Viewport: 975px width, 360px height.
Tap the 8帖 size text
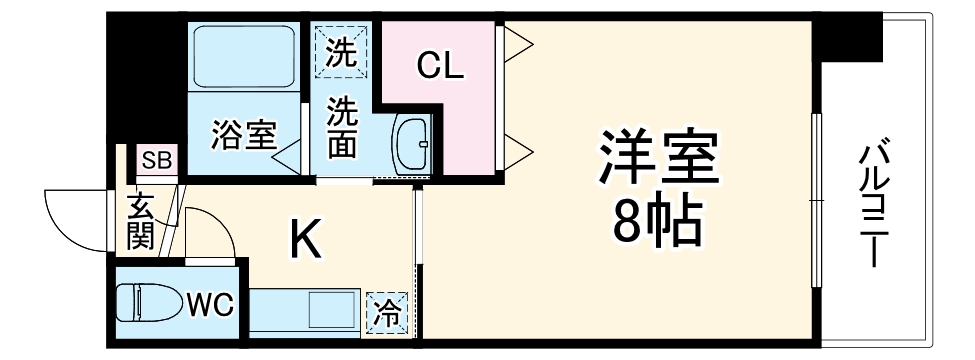tap(657, 226)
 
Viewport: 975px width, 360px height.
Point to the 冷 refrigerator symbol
tap(386, 314)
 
